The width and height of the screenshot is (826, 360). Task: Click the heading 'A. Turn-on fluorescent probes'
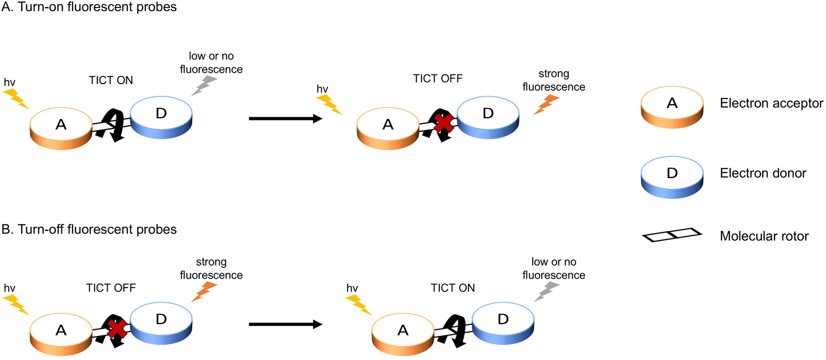pyautogui.click(x=89, y=7)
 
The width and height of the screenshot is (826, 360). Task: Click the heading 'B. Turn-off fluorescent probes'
pyautogui.click(x=89, y=230)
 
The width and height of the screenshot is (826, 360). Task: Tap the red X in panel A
pyautogui.click(x=444, y=123)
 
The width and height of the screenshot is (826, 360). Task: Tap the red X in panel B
pyautogui.click(x=117, y=329)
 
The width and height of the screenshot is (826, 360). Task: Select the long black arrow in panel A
pyautogui.click(x=285, y=119)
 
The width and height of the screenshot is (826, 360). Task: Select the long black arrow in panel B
pyautogui.click(x=285, y=324)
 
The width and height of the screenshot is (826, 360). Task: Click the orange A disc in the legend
pyautogui.click(x=672, y=107)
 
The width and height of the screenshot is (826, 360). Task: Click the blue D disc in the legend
pyautogui.click(x=672, y=177)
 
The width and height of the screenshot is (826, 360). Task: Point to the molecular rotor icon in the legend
pyautogui.click(x=672, y=235)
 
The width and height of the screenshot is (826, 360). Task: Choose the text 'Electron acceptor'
pyautogui.click(x=771, y=103)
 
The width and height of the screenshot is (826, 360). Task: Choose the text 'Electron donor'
pyautogui.click(x=763, y=173)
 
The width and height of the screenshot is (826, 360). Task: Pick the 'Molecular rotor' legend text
pyautogui.click(x=764, y=236)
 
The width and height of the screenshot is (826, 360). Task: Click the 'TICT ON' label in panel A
pyautogui.click(x=111, y=80)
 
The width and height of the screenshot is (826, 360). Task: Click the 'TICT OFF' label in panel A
pyautogui.click(x=438, y=78)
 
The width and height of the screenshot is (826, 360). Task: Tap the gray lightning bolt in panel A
pyautogui.click(x=204, y=86)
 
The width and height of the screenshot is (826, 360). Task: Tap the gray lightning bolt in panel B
pyautogui.click(x=546, y=291)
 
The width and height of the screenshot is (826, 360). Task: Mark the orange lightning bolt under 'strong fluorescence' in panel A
pyautogui.click(x=546, y=104)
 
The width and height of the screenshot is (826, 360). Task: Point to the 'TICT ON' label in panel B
pyautogui.click(x=452, y=288)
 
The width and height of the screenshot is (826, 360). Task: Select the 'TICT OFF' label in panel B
pyautogui.click(x=111, y=288)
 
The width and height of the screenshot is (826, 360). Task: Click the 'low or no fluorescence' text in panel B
pyautogui.click(x=554, y=268)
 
